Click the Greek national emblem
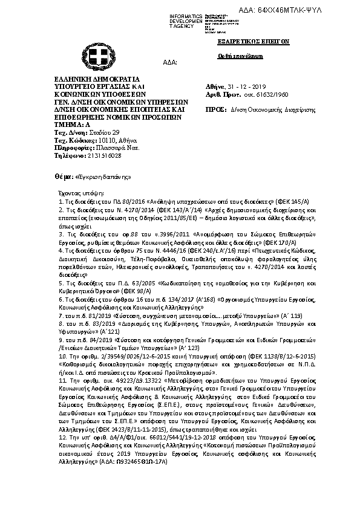[x=96, y=56]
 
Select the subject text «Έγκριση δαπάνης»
[x=103, y=177]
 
